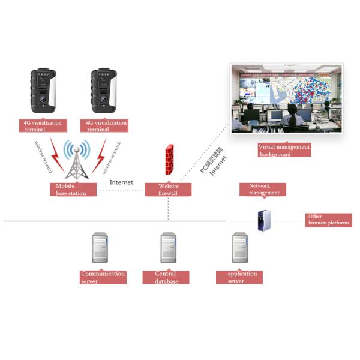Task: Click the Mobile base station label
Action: tap(73, 190)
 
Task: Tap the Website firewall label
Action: tap(168, 190)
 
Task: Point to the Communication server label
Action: tap(103, 277)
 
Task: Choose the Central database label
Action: tap(166, 277)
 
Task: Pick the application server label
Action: tap(239, 277)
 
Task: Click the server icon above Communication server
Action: tap(100, 248)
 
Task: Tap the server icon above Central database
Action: tap(168, 248)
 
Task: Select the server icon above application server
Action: tap(240, 248)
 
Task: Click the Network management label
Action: tap(262, 190)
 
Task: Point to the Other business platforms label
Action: tap(328, 220)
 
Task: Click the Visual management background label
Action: tap(284, 150)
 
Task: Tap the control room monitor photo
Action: tap(286, 98)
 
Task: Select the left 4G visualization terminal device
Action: tap(43, 94)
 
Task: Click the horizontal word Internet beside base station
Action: tap(121, 182)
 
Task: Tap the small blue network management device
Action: tap(264, 220)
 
